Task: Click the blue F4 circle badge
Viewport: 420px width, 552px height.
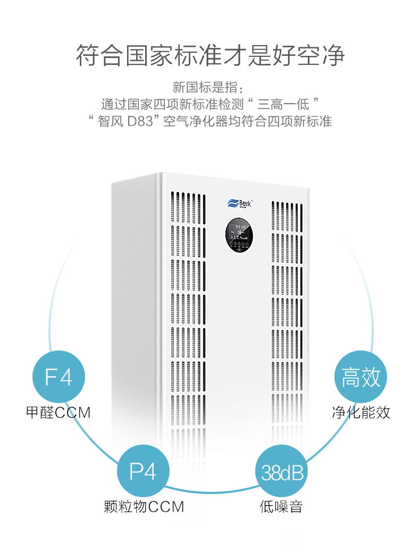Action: [x=58, y=377]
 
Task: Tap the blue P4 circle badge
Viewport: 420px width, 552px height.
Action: [x=142, y=471]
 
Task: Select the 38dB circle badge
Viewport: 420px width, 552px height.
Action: [x=282, y=472]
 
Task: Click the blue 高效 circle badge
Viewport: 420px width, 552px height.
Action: [x=361, y=377]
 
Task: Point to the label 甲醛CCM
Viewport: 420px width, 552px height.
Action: [x=58, y=412]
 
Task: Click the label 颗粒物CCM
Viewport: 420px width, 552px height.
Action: [x=144, y=506]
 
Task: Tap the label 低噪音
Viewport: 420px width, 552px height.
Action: [x=281, y=506]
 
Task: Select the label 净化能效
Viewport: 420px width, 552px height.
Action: [x=361, y=412]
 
